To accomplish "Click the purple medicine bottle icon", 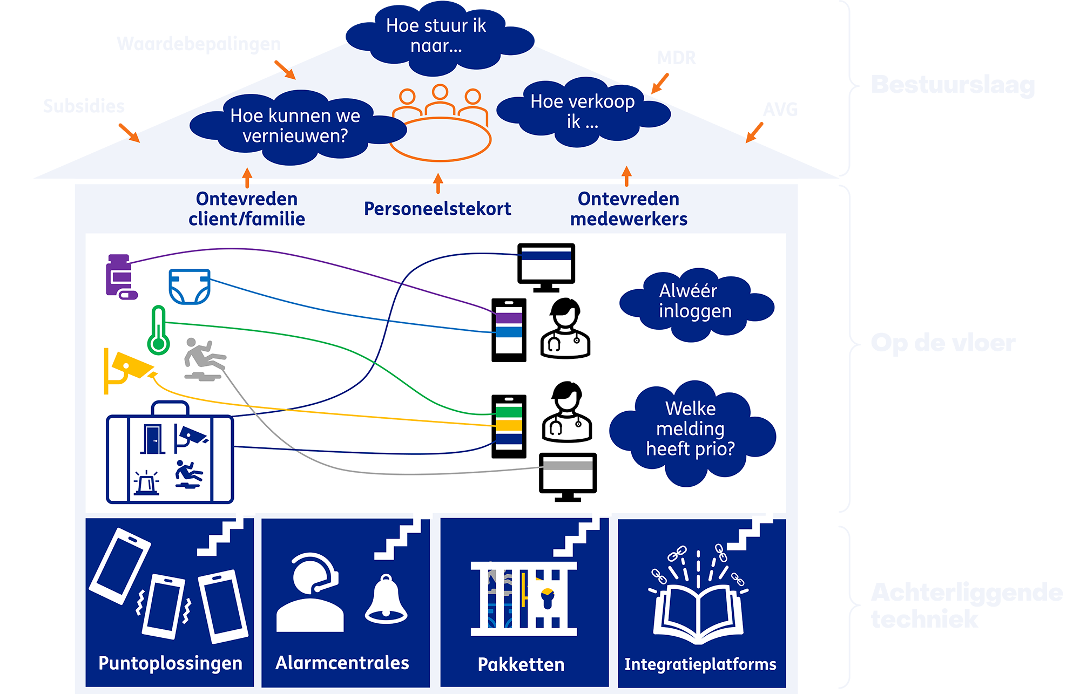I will (120, 276).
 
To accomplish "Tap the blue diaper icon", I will (189, 287).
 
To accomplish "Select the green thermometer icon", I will (158, 330).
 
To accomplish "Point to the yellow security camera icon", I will (127, 369).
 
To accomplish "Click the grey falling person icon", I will (204, 359).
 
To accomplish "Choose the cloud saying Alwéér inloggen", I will (696, 302).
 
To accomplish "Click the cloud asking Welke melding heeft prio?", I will (691, 429).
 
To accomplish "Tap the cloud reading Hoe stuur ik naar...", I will (436, 36).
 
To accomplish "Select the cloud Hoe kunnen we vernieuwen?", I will (295, 126).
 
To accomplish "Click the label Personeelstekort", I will (437, 209).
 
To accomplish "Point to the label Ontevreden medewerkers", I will (629, 209).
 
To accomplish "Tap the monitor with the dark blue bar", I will (546, 266).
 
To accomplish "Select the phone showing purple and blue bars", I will (509, 329).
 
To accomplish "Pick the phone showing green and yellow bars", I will (509, 426).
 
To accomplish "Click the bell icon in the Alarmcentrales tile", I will (386, 599).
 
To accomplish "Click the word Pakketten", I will (521, 664).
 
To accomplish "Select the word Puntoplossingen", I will (170, 663).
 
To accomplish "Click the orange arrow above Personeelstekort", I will (438, 183).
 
